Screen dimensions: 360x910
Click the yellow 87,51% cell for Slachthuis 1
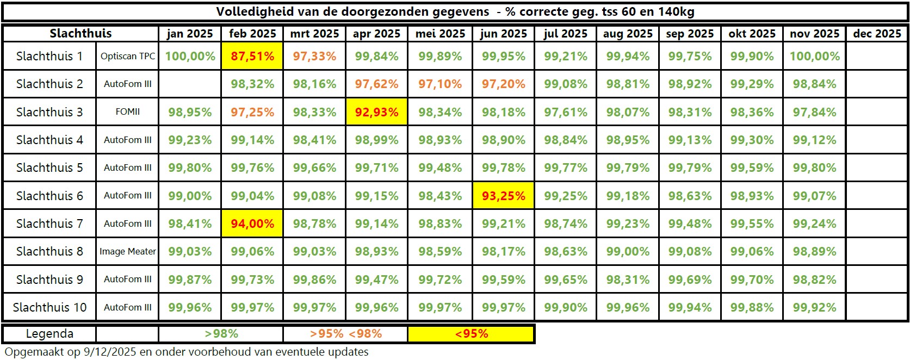(252, 56)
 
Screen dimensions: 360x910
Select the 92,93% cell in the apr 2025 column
(376, 112)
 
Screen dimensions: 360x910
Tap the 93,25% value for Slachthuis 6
(503, 196)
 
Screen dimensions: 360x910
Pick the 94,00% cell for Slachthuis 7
(252, 224)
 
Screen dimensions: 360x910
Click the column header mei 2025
(440, 34)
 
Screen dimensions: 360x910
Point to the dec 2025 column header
(877, 34)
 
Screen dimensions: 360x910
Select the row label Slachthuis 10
(49, 307)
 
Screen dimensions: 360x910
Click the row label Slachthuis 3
(49, 112)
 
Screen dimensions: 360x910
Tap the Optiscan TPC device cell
(128, 57)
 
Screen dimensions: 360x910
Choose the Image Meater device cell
(128, 251)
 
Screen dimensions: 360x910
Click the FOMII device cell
(128, 112)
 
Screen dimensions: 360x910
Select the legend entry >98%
(221, 334)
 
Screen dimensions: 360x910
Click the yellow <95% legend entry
(471, 334)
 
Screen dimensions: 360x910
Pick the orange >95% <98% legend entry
(345, 334)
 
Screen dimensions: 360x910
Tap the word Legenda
(49, 334)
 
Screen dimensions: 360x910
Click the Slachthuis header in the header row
(81, 34)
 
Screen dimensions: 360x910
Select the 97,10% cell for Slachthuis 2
(440, 84)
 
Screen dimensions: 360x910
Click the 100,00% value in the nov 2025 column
(814, 56)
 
